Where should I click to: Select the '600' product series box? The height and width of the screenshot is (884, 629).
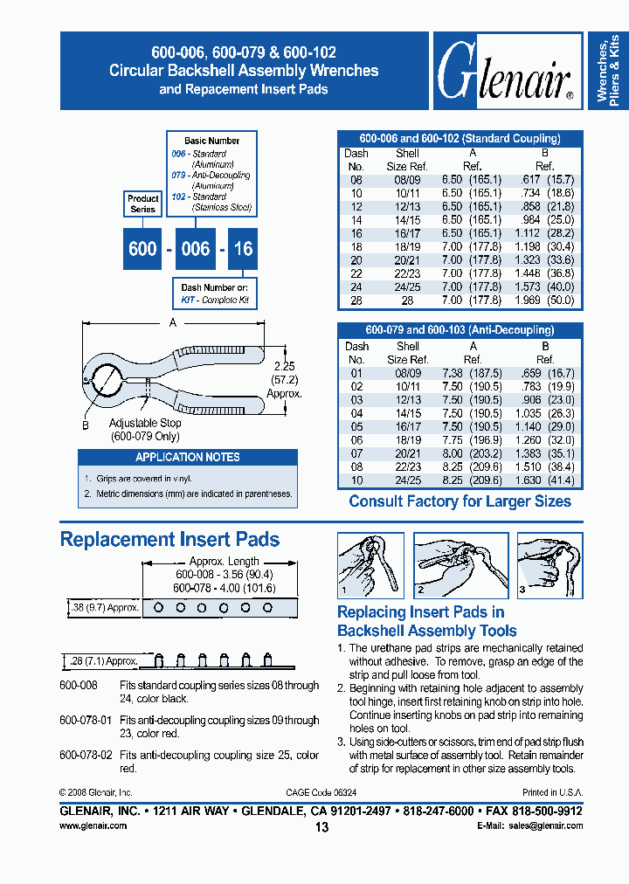(142, 248)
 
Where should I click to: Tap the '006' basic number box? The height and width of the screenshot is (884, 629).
(195, 248)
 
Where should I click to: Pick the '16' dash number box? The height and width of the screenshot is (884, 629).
(243, 248)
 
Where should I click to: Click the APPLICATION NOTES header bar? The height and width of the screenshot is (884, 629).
(187, 457)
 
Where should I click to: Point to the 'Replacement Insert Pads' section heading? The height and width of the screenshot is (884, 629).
(169, 539)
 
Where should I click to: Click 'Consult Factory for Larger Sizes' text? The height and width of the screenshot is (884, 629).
(460, 501)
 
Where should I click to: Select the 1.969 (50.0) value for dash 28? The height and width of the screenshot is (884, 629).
(543, 300)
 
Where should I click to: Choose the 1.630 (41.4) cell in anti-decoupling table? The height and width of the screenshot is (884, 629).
(544, 480)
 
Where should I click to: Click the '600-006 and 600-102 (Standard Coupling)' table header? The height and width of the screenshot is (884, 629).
(460, 138)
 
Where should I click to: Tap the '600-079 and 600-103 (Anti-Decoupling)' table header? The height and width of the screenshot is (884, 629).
(460, 330)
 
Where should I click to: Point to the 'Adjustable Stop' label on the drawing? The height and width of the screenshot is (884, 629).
(146, 423)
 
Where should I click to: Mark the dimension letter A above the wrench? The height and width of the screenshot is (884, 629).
(173, 323)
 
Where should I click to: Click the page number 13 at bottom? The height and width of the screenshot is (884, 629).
(321, 827)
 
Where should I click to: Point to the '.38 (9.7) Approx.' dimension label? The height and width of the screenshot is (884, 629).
(103, 606)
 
